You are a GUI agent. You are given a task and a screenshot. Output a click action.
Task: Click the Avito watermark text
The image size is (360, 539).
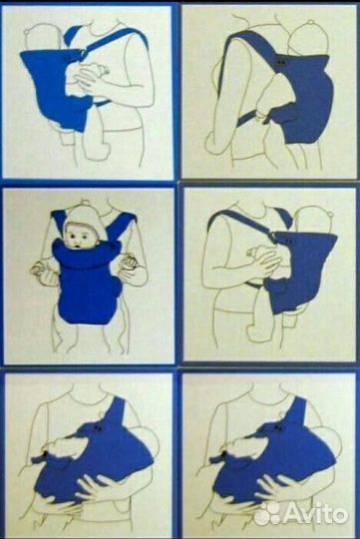pyautogui.click(x=316, y=515)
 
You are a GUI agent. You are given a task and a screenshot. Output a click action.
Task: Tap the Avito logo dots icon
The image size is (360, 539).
pyautogui.click(x=269, y=514)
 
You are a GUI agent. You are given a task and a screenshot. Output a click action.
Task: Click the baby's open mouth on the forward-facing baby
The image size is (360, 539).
pyautogui.click(x=79, y=247)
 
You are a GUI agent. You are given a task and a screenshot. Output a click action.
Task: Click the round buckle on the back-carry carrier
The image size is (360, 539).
pyautogui.click(x=281, y=62)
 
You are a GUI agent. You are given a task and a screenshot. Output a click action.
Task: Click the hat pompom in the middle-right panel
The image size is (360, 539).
pyautogui.click(x=329, y=215)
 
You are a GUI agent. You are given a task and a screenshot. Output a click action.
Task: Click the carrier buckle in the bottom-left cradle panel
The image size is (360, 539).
pyautogui.click(x=98, y=427)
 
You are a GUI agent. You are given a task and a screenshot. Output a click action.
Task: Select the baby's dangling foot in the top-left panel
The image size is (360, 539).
pyautogui.click(x=67, y=139)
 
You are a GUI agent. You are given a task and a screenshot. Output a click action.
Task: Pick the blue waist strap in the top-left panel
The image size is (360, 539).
pyautogui.click(x=101, y=103)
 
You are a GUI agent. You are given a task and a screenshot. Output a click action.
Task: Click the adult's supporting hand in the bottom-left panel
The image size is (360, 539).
pyautogui.click(x=95, y=486)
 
